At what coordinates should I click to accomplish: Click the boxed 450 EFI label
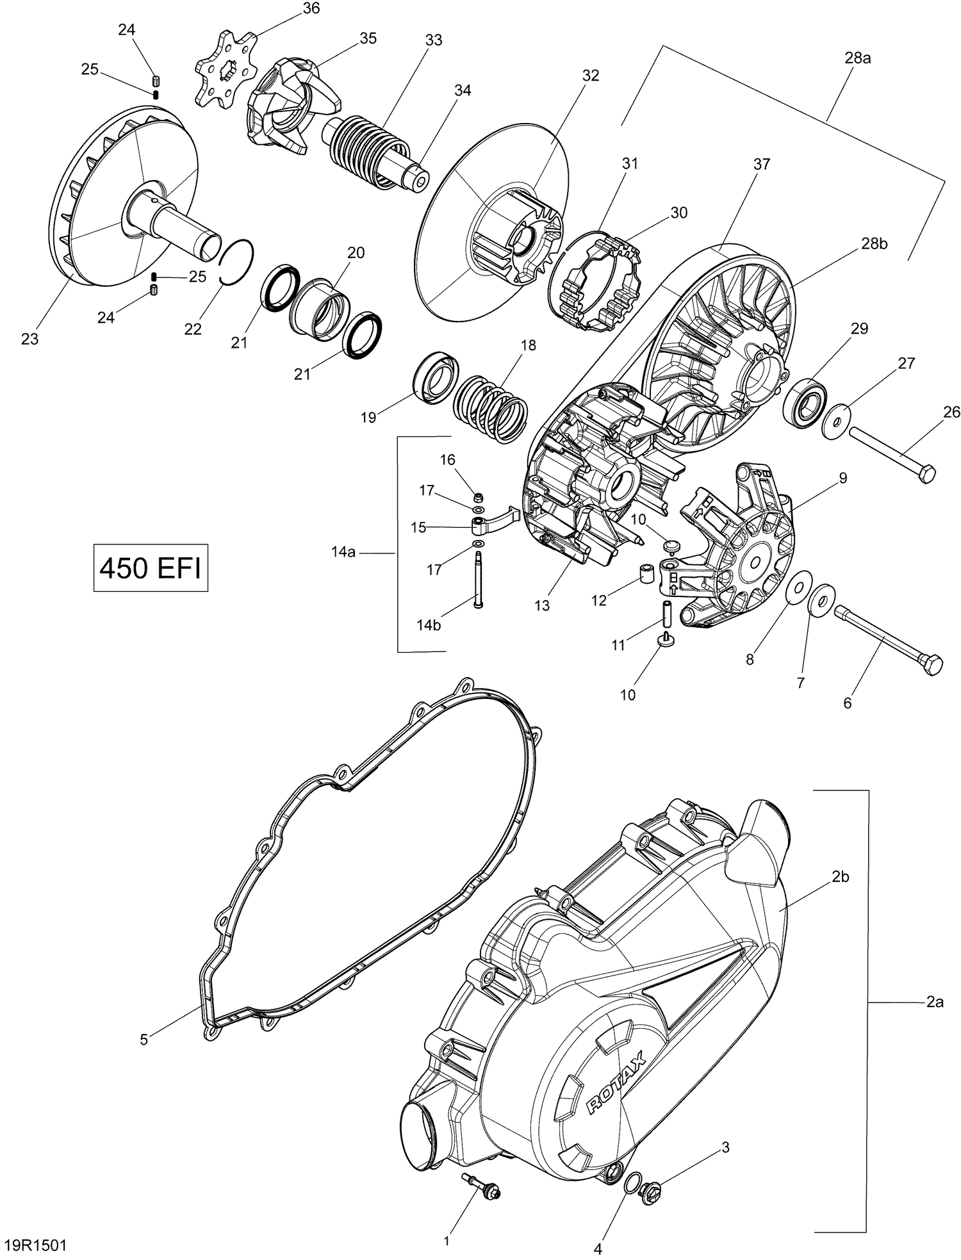(x=151, y=568)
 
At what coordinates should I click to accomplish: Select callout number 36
(x=311, y=8)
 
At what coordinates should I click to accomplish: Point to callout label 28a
(x=857, y=58)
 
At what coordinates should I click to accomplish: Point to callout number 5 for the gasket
(x=144, y=1040)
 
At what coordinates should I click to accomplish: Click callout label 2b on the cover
(x=840, y=877)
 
